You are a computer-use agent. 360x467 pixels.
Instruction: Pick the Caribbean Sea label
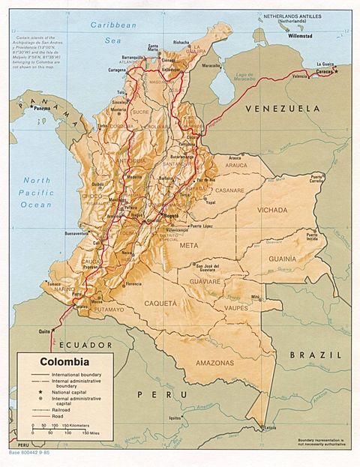pyautogui.click(x=111, y=33)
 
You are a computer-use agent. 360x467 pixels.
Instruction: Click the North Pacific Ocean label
pyautogui.click(x=36, y=193)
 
